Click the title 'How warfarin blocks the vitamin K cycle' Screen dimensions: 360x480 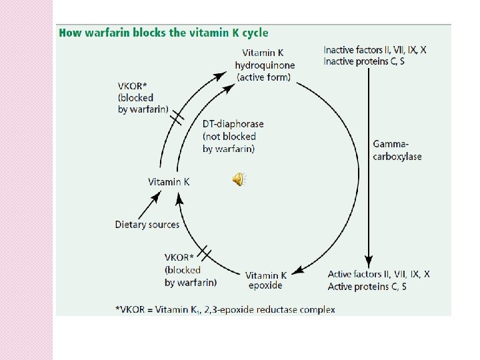point(163,33)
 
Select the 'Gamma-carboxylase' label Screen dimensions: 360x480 point(397,150)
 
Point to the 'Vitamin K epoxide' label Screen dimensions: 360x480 point(266,280)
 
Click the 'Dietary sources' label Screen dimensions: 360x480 point(147,225)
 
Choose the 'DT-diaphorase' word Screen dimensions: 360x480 point(233,124)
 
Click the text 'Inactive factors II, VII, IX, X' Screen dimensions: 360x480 point(375,50)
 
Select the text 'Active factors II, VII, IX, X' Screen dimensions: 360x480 point(379,274)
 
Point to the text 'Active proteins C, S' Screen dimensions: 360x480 point(367,287)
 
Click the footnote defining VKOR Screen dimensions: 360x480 point(225,309)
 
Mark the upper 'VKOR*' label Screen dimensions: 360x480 point(132,85)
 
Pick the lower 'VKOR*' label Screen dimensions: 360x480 point(179,257)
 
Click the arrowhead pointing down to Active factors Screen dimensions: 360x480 point(369,262)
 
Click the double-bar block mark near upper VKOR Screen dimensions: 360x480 point(177,118)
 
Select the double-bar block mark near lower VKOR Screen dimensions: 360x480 point(205,253)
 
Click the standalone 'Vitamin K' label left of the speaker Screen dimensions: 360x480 point(169,181)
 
